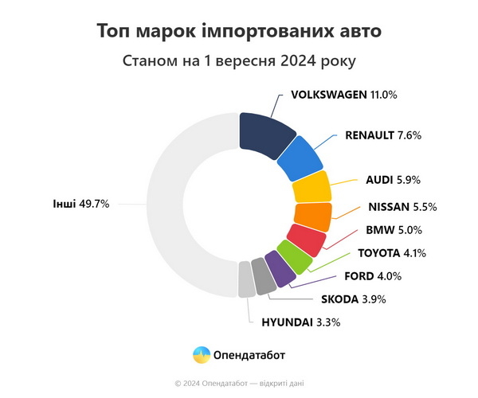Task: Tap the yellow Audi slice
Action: tap(311, 188)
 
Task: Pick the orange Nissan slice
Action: tap(312, 215)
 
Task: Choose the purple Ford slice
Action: tap(278, 269)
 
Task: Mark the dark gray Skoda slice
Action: tap(262, 276)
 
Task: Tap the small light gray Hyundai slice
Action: tap(246, 279)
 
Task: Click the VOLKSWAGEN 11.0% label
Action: tap(343, 95)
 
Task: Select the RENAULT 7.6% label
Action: tap(382, 135)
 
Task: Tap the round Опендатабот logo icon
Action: tap(202, 354)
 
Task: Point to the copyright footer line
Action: tap(239, 384)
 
